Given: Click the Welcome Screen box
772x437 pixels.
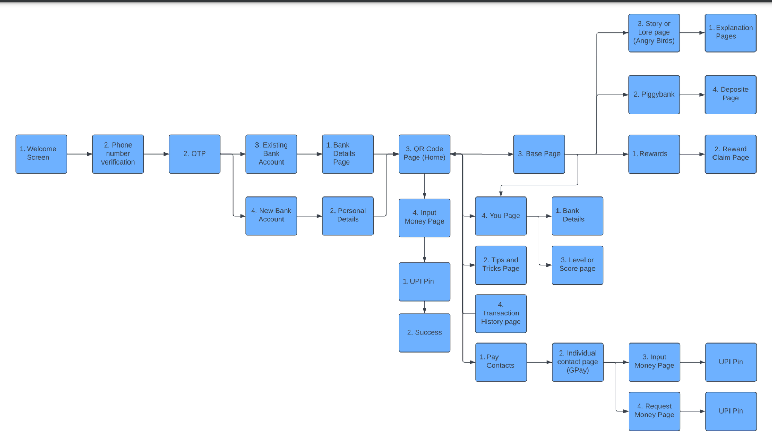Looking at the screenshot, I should [x=41, y=154].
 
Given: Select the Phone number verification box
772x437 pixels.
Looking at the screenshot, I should [x=118, y=154].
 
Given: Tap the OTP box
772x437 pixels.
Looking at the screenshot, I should [x=194, y=154].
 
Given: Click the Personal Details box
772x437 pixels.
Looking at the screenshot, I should [x=348, y=215].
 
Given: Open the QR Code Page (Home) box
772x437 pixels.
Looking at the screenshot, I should [x=424, y=154].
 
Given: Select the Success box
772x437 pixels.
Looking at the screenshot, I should [x=424, y=333].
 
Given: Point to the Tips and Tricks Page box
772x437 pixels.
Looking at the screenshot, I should [x=500, y=265].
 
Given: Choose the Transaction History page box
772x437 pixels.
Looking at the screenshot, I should [x=500, y=313].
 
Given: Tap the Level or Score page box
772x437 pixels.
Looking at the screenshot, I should [x=577, y=265].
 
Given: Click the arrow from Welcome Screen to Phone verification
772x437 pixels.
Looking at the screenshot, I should [x=80, y=154].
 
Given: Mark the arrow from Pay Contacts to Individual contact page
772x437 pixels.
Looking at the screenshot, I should [x=539, y=362].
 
